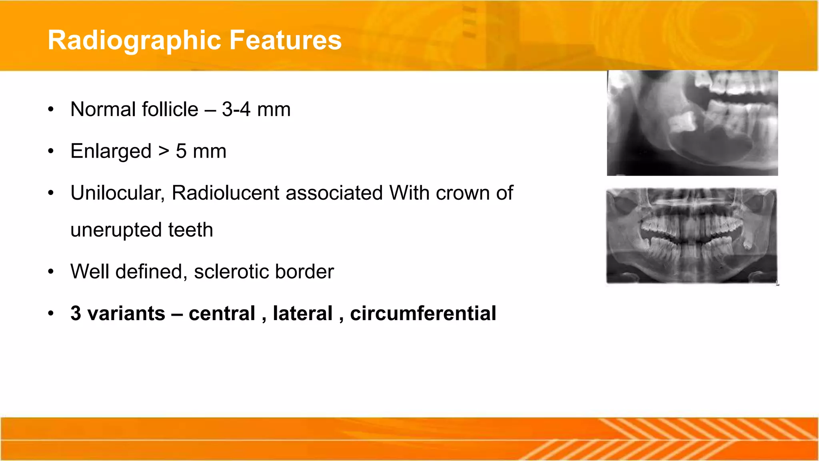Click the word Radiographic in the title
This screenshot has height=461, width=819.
(x=134, y=40)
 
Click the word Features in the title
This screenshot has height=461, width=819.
(x=285, y=40)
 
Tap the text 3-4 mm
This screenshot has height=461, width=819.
(x=256, y=109)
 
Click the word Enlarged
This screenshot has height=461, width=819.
(x=111, y=151)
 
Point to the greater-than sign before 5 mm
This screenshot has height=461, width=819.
(x=164, y=151)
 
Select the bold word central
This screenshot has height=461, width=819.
(x=222, y=313)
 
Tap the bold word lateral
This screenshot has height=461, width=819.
(x=302, y=313)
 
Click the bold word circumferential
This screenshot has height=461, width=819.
(x=423, y=313)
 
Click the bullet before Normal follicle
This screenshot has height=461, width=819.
(x=50, y=109)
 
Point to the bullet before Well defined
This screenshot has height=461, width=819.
(x=50, y=272)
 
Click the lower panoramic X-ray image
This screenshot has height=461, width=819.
(x=692, y=236)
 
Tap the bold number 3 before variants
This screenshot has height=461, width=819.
(x=76, y=313)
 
